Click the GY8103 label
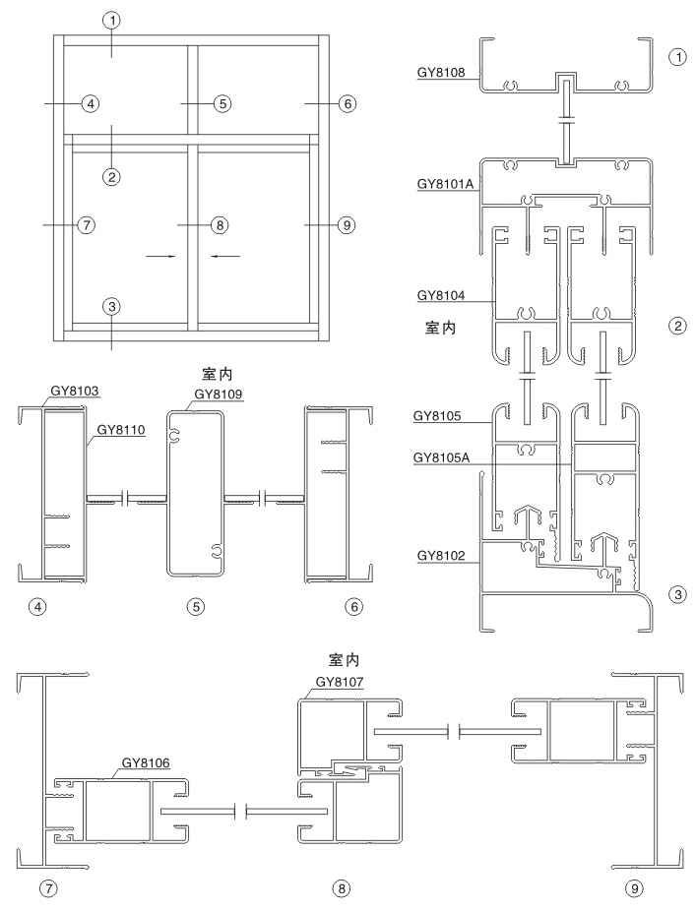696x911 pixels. click(75, 391)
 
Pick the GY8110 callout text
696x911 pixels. click(122, 429)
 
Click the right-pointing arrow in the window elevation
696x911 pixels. click(161, 256)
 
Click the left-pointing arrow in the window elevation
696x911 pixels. click(224, 256)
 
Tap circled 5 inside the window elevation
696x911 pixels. click(222, 103)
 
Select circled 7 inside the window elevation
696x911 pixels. click(87, 224)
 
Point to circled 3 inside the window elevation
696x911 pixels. click(112, 306)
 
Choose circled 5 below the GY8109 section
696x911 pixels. click(196, 607)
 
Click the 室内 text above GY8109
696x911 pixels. click(216, 376)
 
